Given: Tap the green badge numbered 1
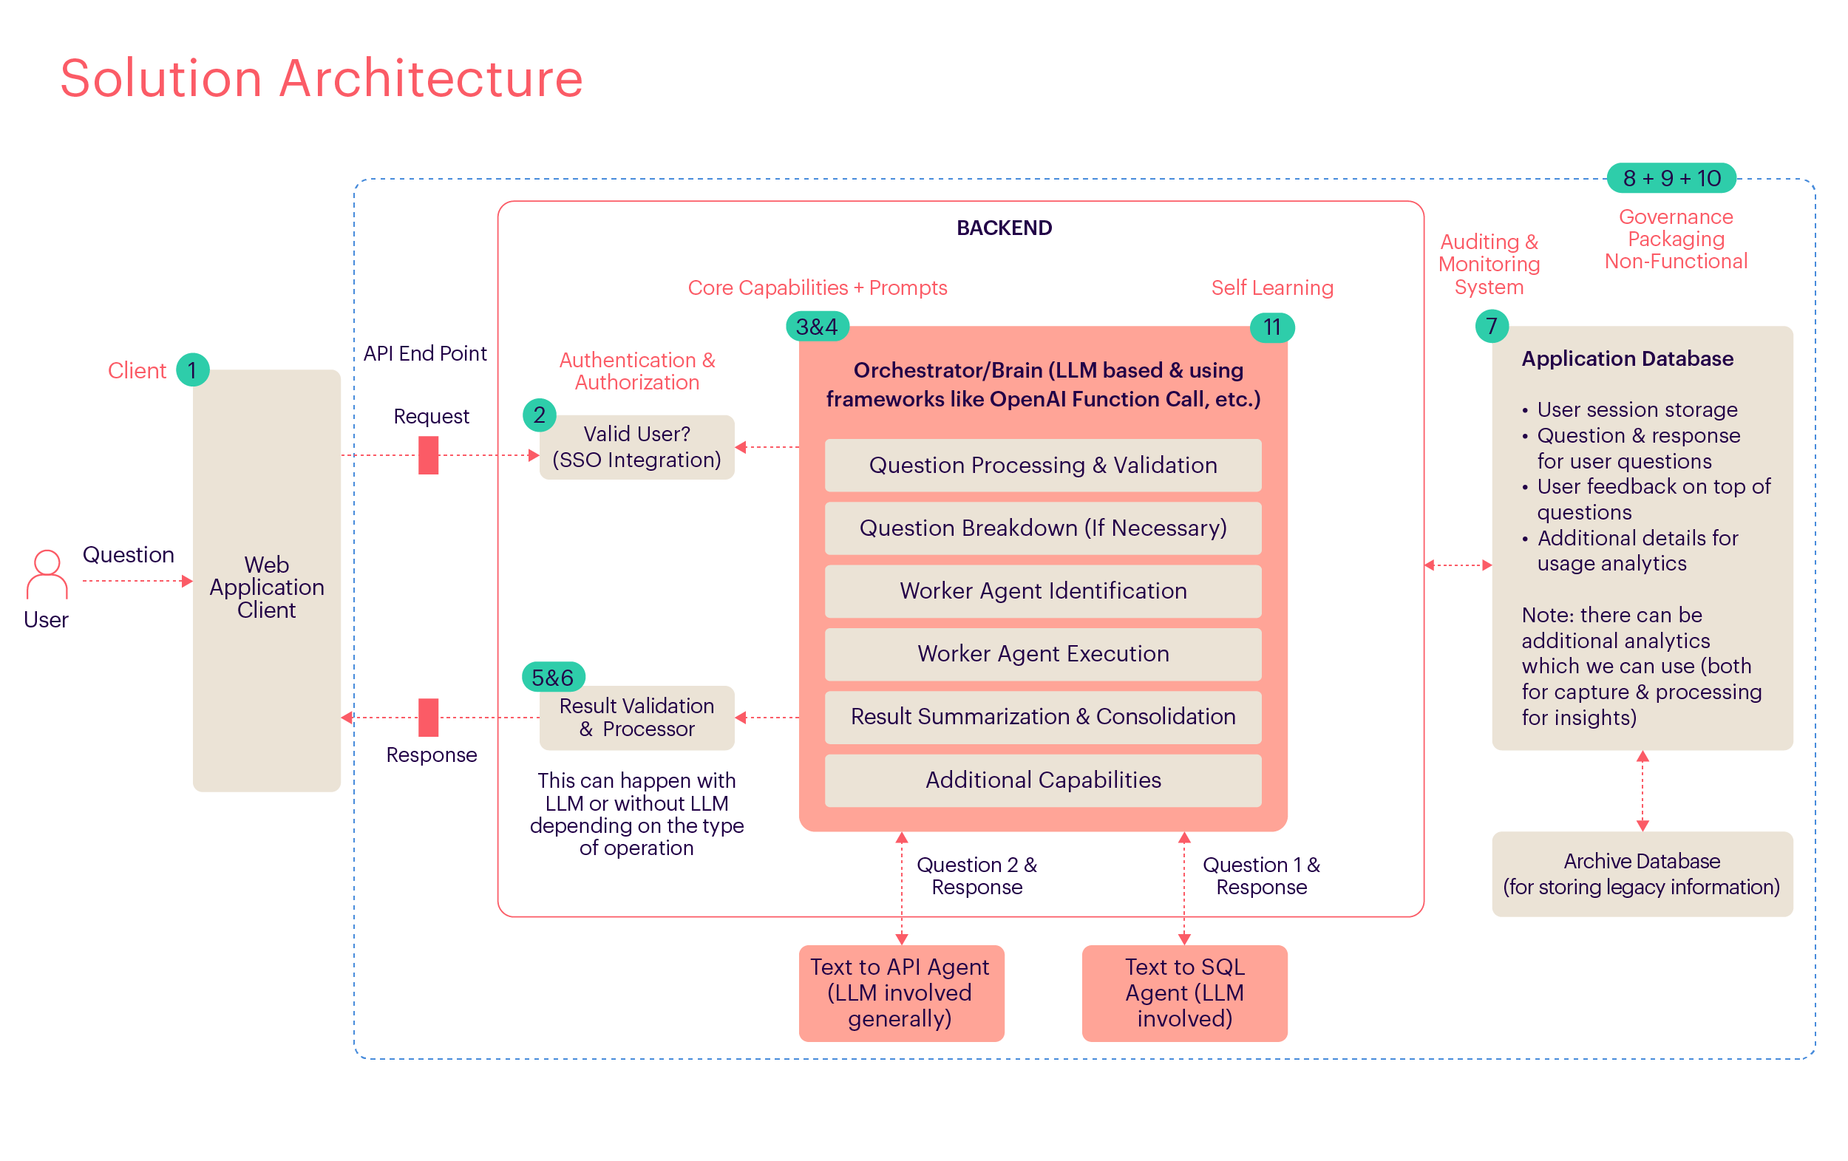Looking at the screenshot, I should coord(193,370).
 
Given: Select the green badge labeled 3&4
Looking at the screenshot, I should coord(818,327).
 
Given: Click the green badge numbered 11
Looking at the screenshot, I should coord(1271,327).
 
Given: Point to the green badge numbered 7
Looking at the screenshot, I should coord(1491,326).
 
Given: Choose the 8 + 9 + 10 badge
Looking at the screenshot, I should coord(1671,178).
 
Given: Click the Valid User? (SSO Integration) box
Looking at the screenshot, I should coord(636,446).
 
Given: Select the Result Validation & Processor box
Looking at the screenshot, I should coord(636,717).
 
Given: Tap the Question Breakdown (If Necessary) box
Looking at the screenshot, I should coord(1042,528).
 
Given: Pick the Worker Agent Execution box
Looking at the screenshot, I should coord(1042,654).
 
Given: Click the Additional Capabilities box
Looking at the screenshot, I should coord(1042,780).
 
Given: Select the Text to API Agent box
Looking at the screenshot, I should coord(900,993).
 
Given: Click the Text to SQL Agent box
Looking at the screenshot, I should coord(1184,993).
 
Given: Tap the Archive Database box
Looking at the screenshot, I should coord(1642,874).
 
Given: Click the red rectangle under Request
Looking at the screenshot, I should coord(428,455).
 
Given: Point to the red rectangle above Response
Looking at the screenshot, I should coord(428,717).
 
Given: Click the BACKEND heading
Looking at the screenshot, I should coord(1004,228).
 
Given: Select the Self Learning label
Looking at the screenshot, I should coord(1271,287).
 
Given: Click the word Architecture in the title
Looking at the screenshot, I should coord(430,78).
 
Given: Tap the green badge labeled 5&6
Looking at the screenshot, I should coord(553,677).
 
